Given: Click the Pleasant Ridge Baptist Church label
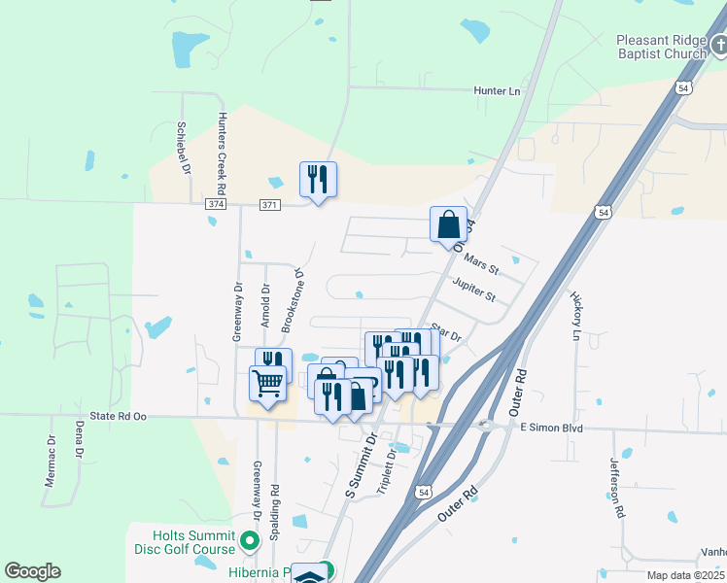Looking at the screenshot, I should [x=662, y=47].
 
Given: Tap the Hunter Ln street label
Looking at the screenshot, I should [x=497, y=91].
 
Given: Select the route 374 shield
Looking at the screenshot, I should [x=216, y=205].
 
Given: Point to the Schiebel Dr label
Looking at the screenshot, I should [x=182, y=147].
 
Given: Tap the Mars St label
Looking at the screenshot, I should [x=481, y=262].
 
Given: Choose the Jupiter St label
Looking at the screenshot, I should [x=473, y=289].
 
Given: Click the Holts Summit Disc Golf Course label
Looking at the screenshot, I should [x=194, y=542].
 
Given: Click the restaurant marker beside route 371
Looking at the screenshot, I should [x=318, y=179].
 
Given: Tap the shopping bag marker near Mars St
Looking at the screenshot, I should [x=448, y=224].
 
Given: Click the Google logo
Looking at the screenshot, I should [x=32, y=570].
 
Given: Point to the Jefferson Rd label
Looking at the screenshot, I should [x=616, y=489].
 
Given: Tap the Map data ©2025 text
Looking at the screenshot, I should [x=684, y=575].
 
